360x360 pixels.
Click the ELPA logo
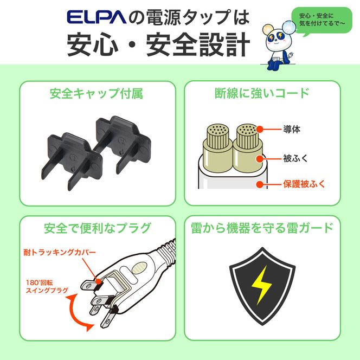pos(97,17)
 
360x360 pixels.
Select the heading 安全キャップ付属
pos(97,93)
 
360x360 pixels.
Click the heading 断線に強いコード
pos(262,93)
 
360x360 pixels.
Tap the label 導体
pos(292,129)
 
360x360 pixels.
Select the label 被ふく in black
pos(295,158)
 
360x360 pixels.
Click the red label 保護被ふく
pos(304,184)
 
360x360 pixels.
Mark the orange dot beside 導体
pos(260,129)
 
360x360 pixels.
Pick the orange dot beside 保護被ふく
pos(260,184)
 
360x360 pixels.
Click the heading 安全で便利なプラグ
pos(98,228)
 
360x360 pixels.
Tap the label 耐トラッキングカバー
pos(60,252)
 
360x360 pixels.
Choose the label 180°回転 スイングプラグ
pos(47,286)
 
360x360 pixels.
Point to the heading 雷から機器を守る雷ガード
pos(262,228)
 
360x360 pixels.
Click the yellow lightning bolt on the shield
pos(262,285)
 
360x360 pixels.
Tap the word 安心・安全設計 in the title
pos(158,44)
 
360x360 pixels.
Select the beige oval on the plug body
pos(139,267)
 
